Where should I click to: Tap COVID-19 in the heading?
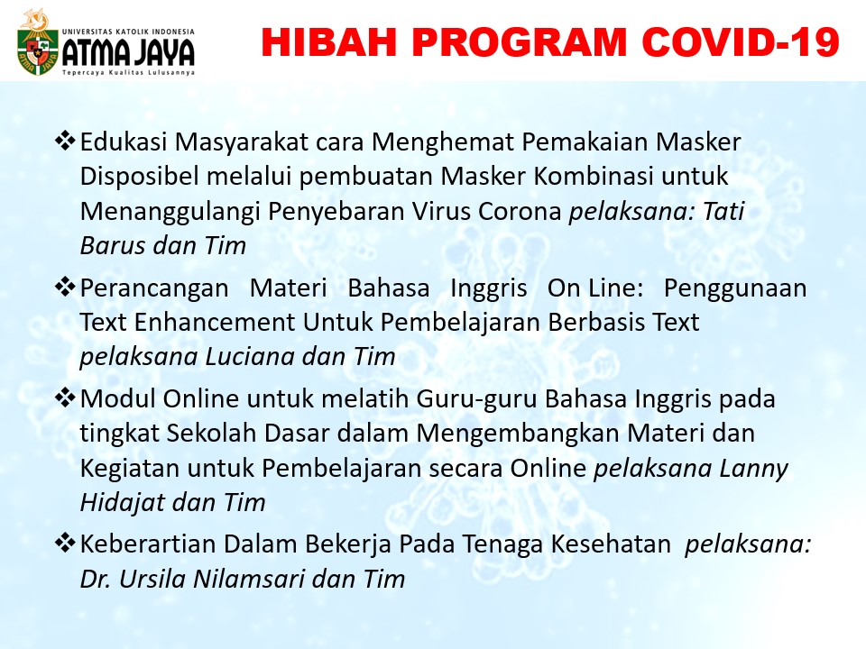pos(742,42)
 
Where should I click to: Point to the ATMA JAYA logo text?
pos(128,52)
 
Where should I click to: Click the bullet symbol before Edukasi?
pos(65,142)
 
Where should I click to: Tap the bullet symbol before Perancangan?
pos(65,288)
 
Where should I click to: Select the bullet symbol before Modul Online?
pos(65,398)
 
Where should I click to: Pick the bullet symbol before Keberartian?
pos(65,543)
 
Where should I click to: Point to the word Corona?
pos(520,211)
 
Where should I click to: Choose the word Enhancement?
pos(215,323)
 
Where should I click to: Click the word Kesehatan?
pos(611,544)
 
